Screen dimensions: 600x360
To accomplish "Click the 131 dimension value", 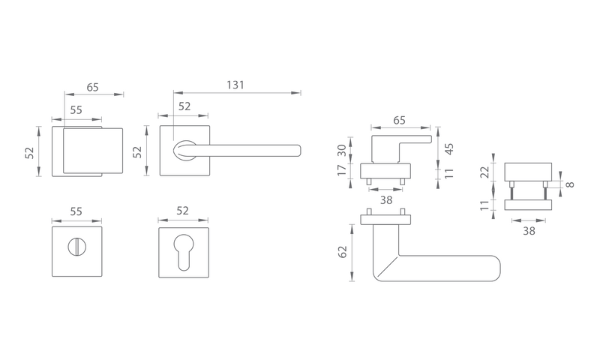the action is click(x=235, y=85).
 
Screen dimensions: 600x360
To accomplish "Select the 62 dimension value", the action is click(x=343, y=252).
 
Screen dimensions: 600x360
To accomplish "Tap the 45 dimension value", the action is click(x=449, y=148).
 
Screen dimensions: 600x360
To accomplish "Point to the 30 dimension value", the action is click(x=343, y=150).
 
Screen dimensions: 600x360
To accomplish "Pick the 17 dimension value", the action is click(x=343, y=169).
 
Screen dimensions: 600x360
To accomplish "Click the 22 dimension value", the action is click(x=485, y=172).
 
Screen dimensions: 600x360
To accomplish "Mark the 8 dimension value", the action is click(x=570, y=184).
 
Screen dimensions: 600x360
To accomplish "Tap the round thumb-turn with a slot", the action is click(x=75, y=247).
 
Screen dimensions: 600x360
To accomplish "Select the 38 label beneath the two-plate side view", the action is click(x=529, y=231).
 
